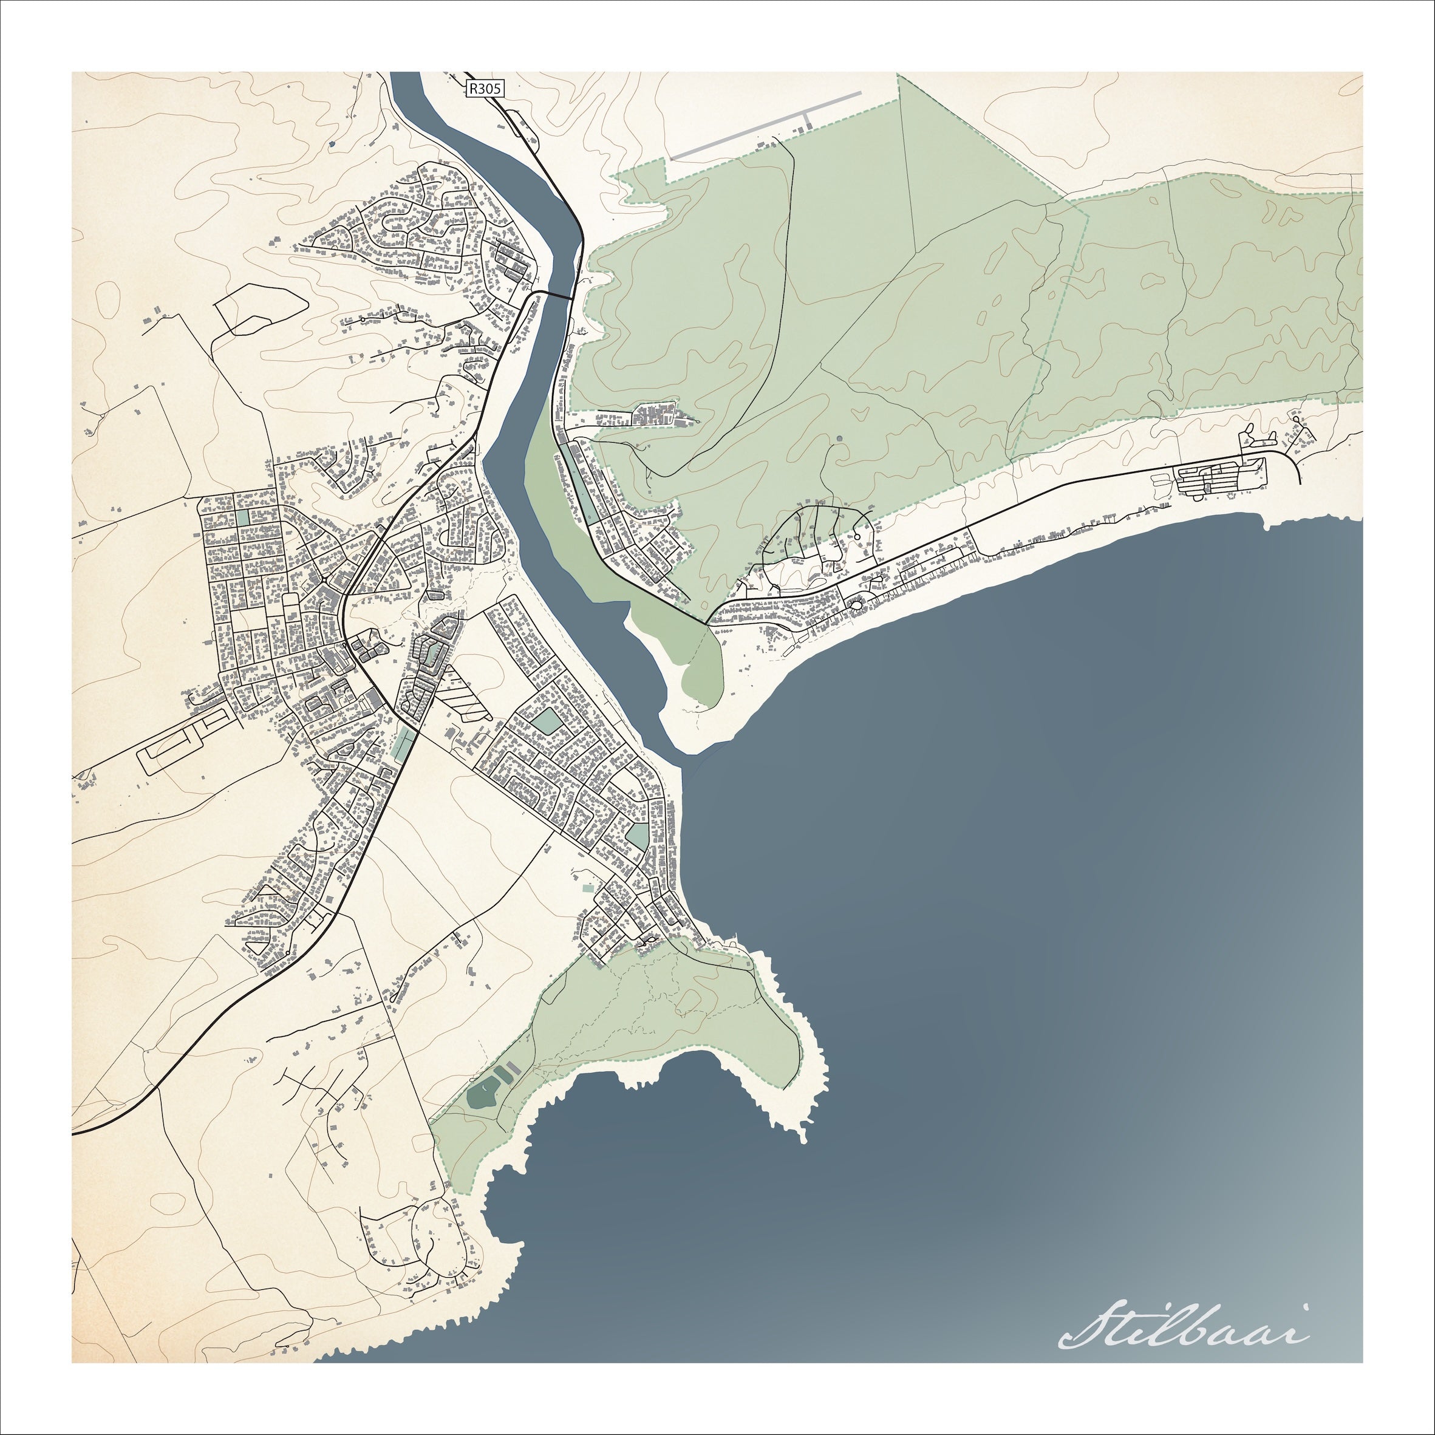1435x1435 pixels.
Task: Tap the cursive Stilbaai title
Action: [x=1185, y=1344]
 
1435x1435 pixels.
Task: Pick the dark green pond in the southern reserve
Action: [x=482, y=1096]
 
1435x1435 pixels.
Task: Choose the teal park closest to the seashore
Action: [x=636, y=836]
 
